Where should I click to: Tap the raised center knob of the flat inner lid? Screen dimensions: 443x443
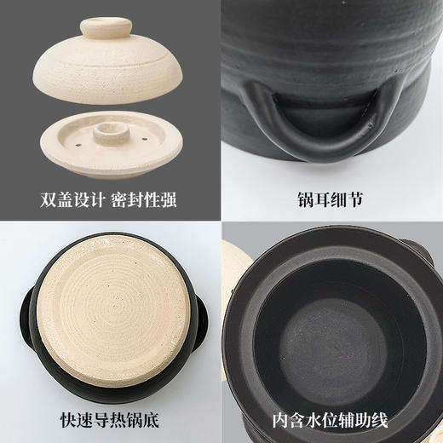point(111,133)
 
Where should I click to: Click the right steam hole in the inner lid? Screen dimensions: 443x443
point(145,139)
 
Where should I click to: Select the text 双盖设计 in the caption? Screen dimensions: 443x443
point(72,199)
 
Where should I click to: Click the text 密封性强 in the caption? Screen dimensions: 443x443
point(144,199)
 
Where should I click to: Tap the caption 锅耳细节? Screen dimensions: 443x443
point(331,199)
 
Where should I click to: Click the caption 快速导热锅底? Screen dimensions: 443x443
point(110,420)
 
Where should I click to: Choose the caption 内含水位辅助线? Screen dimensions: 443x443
point(331,420)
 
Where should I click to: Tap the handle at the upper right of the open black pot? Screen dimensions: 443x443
point(423,250)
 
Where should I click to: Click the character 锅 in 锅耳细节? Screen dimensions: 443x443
point(306,199)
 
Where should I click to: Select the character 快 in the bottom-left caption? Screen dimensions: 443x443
point(68,420)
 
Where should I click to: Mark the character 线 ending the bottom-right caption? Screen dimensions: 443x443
point(380,420)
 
